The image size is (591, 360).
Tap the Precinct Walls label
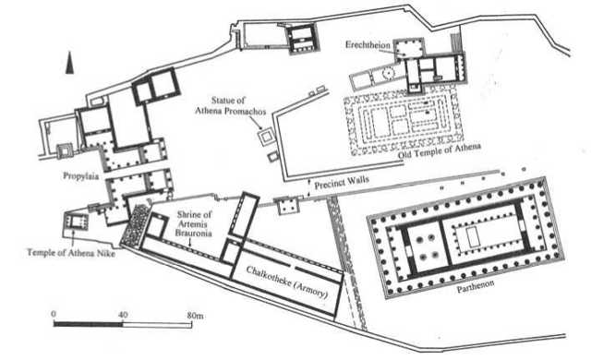point(338,184)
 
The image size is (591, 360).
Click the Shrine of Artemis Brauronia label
point(195,222)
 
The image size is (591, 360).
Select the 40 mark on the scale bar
point(123,316)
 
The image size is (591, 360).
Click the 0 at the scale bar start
point(54,316)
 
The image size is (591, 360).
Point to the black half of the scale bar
point(88,325)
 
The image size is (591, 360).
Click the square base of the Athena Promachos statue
point(266,138)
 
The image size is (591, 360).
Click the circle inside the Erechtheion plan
point(391,71)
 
